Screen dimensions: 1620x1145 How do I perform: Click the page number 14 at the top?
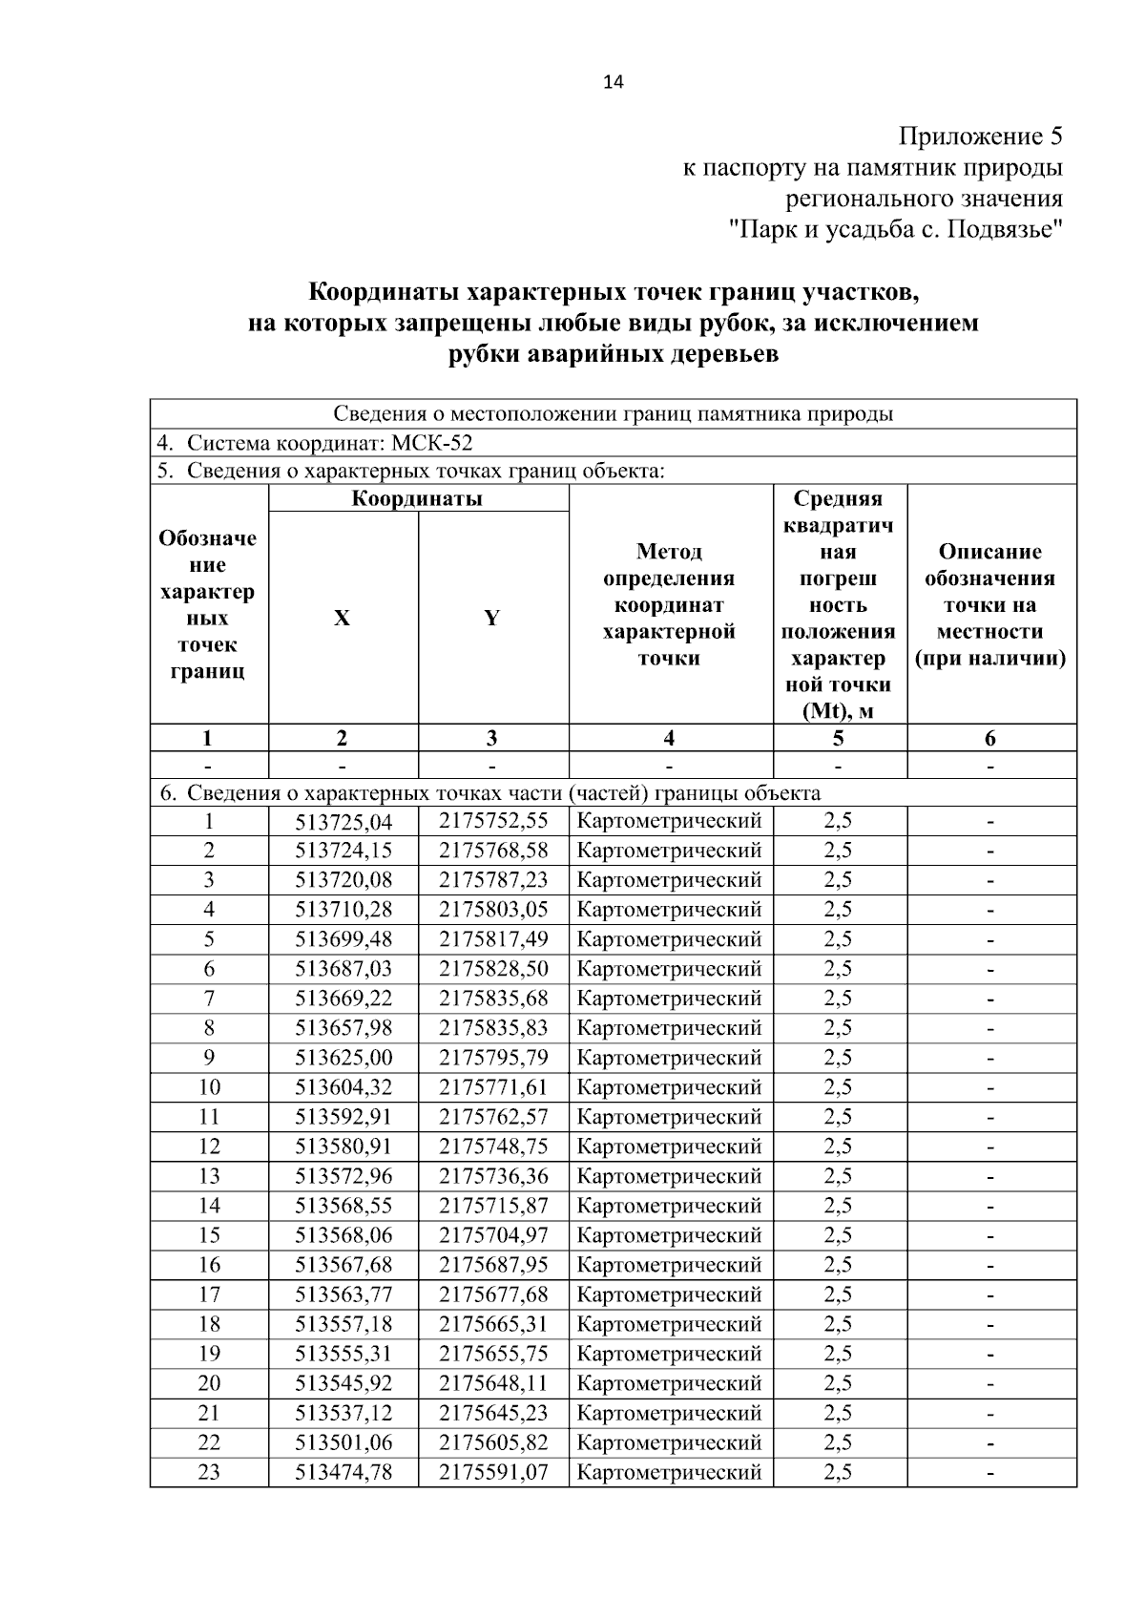(613, 83)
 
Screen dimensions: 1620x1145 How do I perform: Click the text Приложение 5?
(980, 137)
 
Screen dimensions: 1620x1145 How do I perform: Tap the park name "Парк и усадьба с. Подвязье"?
(895, 230)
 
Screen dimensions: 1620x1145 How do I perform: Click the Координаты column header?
(418, 498)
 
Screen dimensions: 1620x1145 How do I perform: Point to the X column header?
(342, 618)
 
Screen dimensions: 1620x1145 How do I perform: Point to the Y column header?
(492, 618)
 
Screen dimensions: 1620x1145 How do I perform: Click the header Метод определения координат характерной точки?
(669, 604)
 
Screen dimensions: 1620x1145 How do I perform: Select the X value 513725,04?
(343, 821)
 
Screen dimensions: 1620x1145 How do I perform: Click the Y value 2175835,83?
(493, 1028)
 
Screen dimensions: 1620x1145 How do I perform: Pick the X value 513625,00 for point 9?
(343, 1058)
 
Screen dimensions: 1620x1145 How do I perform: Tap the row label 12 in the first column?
(209, 1147)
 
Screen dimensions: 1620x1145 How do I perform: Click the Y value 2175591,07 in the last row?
(493, 1472)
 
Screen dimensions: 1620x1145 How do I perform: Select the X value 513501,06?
(343, 1442)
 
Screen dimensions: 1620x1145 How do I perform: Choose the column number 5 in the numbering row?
(838, 738)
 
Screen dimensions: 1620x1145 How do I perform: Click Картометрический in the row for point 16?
(669, 1265)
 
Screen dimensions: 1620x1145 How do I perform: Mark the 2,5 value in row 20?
(838, 1383)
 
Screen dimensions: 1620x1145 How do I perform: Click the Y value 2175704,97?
(493, 1235)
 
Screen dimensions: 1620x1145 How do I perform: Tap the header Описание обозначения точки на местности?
(989, 604)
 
